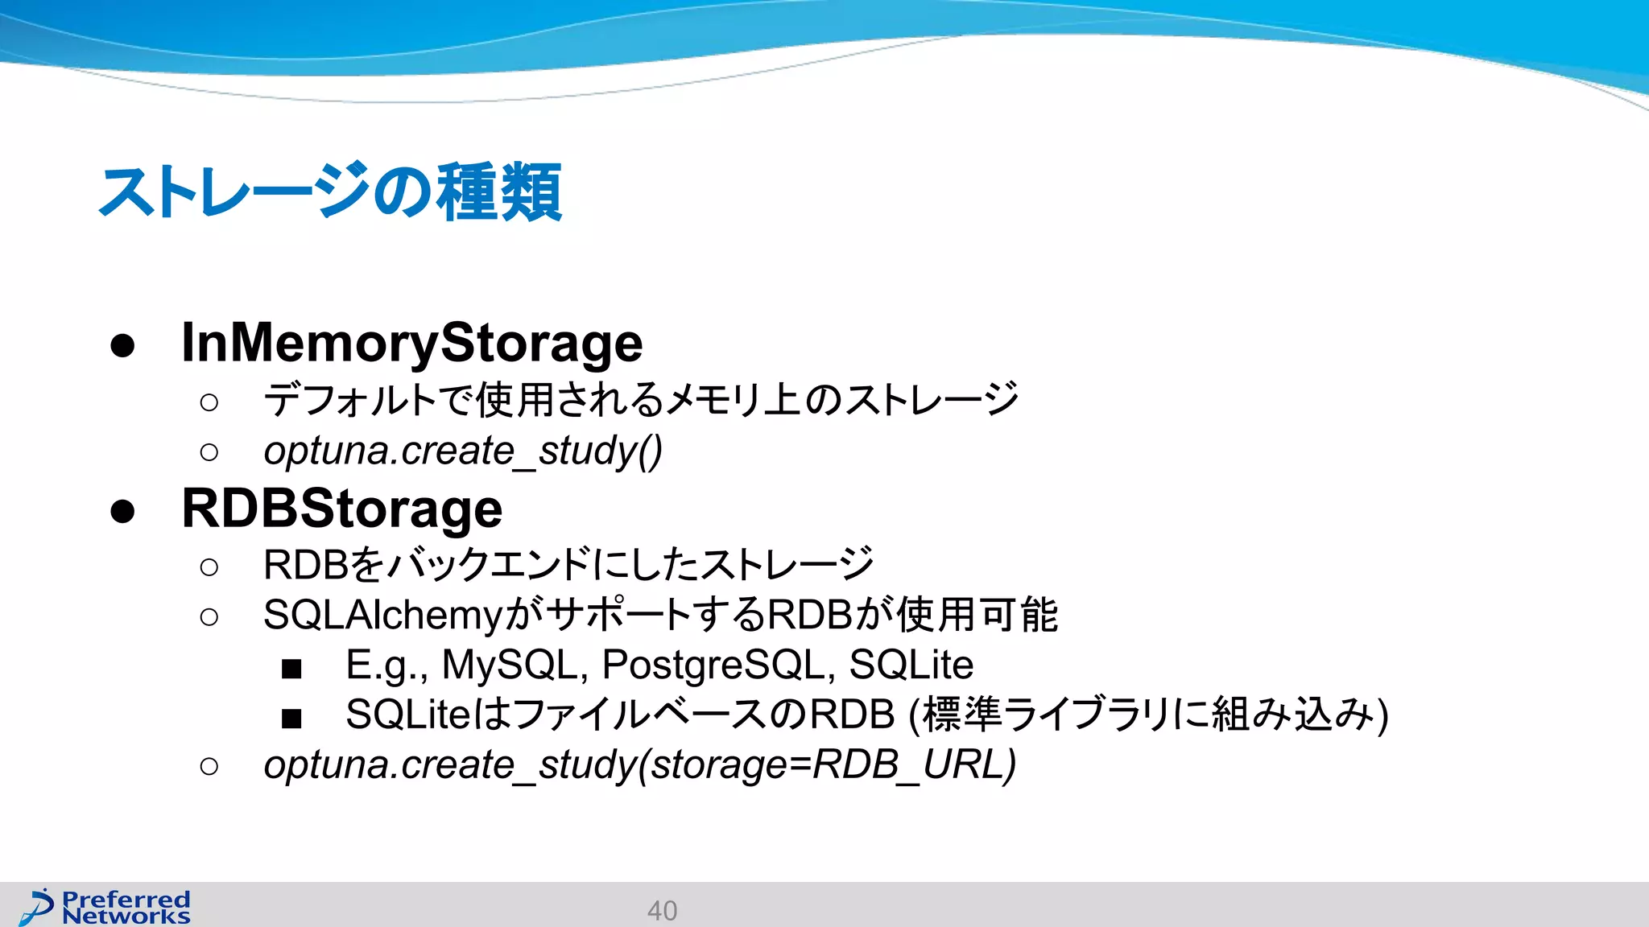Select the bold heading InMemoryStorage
[x=411, y=343]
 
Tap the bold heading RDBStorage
[x=342, y=509]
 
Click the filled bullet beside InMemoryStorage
[x=122, y=345]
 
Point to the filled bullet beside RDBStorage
[x=122, y=511]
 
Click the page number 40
[x=662, y=910]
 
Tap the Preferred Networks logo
[x=105, y=907]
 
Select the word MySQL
[x=510, y=665]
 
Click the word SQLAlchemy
[x=383, y=616]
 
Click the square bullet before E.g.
[x=291, y=668]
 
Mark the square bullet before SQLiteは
[x=291, y=718]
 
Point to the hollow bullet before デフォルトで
[x=209, y=402]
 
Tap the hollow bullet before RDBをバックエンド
[x=209, y=567]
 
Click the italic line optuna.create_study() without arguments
[x=463, y=451]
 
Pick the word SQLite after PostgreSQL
[x=911, y=665]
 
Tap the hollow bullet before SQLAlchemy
[x=209, y=617]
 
